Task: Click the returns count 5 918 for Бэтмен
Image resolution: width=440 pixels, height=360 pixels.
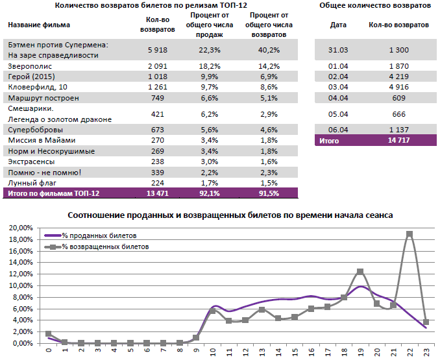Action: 158,50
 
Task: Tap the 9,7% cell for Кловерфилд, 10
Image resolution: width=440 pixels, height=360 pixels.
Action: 210,87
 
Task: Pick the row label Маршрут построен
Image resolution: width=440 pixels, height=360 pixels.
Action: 43,98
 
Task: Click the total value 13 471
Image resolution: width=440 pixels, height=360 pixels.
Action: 158,193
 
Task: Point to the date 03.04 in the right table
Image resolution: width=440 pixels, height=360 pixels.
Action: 338,87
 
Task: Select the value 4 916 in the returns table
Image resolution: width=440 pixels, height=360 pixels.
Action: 398,87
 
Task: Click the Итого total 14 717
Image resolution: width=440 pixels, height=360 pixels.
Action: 398,139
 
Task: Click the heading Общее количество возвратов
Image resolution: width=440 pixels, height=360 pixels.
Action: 375,5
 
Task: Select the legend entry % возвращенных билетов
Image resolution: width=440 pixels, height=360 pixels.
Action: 104,247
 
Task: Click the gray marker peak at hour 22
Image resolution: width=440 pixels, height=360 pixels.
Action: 409,234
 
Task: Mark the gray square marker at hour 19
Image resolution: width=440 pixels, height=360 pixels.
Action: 360,272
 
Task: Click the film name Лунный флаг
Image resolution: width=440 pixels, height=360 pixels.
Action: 30,182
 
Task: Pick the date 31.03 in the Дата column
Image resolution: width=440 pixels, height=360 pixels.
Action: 338,50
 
